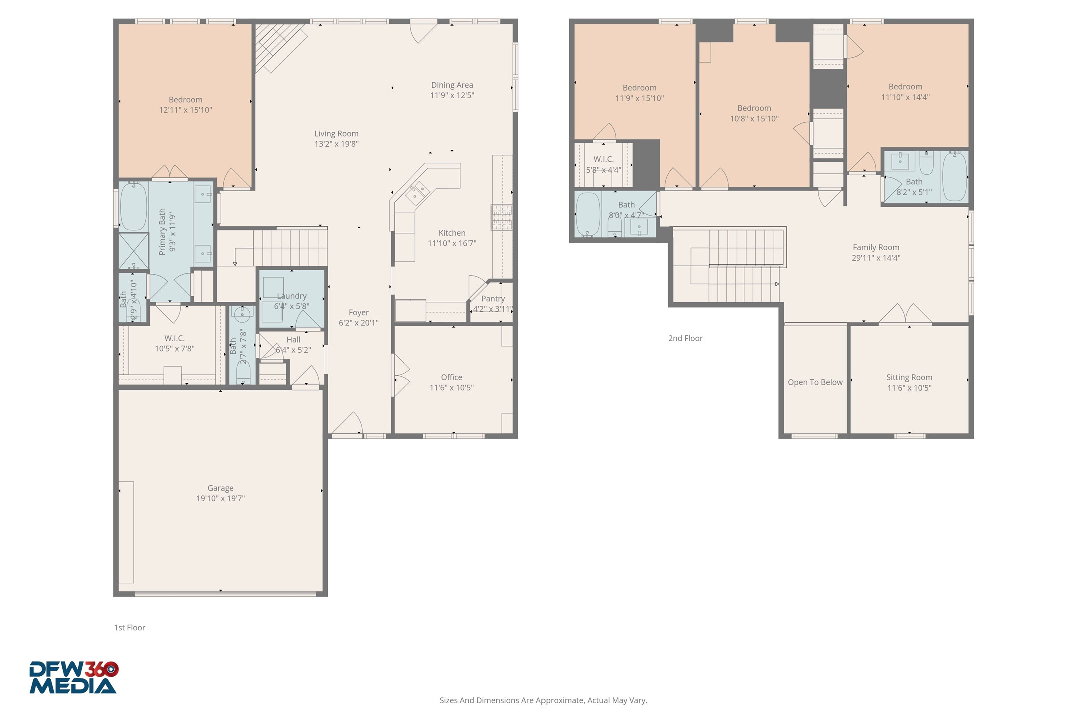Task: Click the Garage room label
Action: point(220,488)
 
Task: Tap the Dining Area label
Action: point(452,85)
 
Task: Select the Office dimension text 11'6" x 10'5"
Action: point(451,388)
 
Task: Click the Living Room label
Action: point(336,134)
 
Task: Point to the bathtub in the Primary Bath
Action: point(133,206)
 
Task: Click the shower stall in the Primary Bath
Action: point(133,251)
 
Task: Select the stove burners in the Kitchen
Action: point(501,217)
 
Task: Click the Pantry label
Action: point(493,299)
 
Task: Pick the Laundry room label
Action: point(292,296)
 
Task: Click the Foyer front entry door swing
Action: point(347,424)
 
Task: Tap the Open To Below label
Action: point(815,382)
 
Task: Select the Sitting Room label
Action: point(909,377)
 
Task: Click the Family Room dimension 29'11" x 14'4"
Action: point(876,258)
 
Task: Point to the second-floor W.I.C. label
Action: point(603,159)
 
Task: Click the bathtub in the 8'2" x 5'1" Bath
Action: point(954,176)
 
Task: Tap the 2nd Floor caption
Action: point(685,338)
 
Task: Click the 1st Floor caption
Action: point(129,628)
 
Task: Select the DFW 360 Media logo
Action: point(74,678)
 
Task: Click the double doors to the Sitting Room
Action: point(905,314)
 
